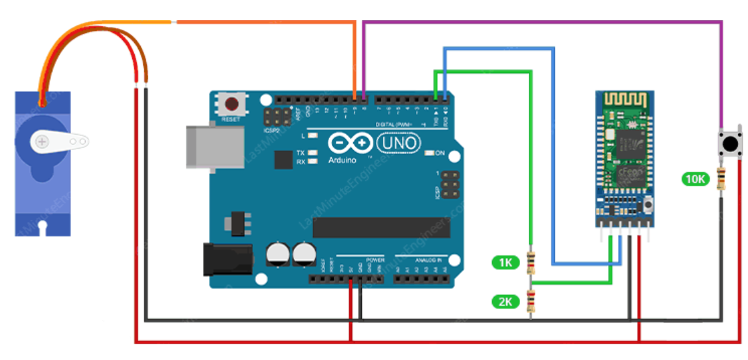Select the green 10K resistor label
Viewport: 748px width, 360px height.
(x=695, y=179)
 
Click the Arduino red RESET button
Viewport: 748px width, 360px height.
(x=231, y=105)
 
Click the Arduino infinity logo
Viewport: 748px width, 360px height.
(x=349, y=143)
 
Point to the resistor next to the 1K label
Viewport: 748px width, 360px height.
(x=531, y=262)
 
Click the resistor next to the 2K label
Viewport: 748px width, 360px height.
(x=531, y=303)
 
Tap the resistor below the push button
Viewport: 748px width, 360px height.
(x=722, y=179)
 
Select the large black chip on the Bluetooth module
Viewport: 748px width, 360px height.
(x=631, y=143)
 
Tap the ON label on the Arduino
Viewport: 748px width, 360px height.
(x=440, y=153)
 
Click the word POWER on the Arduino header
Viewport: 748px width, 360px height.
(x=375, y=259)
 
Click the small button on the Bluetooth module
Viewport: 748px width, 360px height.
(x=647, y=204)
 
